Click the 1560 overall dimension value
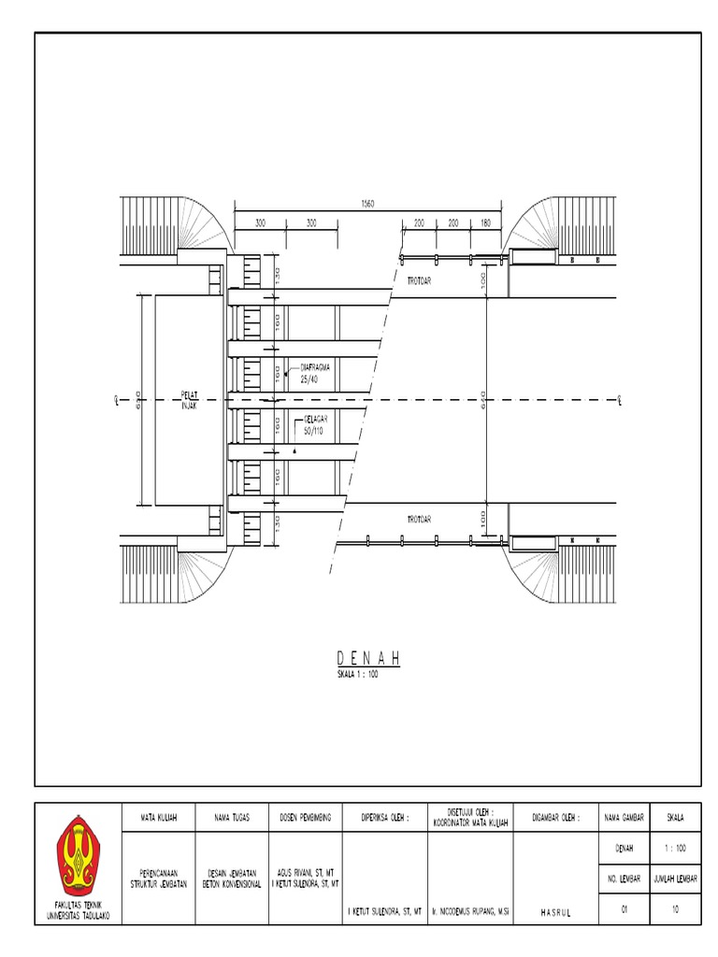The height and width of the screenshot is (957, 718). tap(367, 204)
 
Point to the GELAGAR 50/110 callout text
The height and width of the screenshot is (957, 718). tap(316, 427)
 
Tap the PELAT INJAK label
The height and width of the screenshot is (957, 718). tap(190, 400)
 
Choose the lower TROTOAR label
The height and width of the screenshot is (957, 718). tap(418, 519)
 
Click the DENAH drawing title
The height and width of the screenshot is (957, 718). tap(368, 659)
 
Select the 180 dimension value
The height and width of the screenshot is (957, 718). tap(485, 224)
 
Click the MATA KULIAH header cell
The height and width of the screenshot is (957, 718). tap(159, 818)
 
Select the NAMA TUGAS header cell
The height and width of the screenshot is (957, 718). tap(232, 818)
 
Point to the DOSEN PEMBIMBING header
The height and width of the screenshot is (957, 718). tap(305, 818)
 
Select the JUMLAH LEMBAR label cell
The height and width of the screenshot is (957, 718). tap(675, 879)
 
